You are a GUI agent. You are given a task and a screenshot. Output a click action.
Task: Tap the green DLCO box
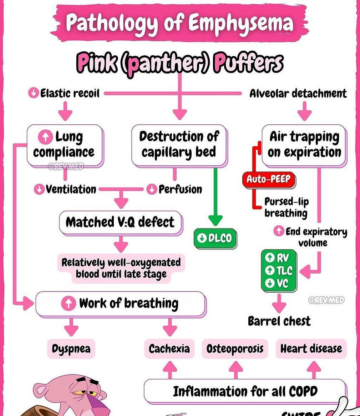point(215,238)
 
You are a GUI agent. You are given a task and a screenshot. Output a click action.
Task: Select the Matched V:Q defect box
point(120,222)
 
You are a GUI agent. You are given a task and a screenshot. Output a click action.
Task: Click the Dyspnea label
point(71,349)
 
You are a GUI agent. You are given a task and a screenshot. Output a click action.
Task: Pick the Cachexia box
point(169,349)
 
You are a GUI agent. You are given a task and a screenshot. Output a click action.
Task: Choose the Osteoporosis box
point(235,349)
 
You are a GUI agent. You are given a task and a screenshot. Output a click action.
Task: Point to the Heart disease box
point(311,349)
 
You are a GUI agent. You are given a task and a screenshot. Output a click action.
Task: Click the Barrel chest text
point(279,321)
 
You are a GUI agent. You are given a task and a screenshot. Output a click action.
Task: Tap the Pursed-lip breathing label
point(286,207)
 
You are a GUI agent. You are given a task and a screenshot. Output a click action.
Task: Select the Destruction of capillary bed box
point(179,145)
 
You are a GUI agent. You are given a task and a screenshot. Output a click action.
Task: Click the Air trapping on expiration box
point(304,145)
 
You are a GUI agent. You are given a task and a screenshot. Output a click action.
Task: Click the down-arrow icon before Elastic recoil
point(34,94)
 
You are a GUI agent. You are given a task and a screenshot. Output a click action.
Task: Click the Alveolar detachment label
point(298,94)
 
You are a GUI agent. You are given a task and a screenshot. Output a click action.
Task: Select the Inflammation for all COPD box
point(245,391)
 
